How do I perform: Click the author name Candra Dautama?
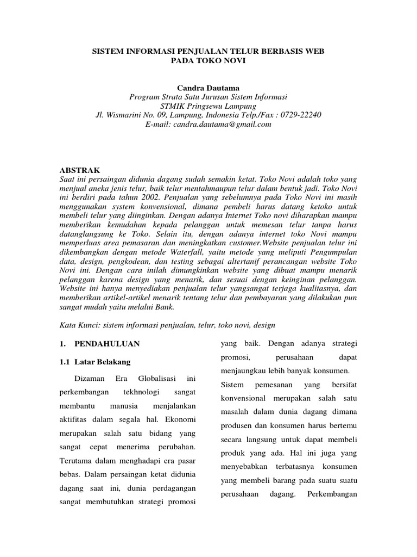click(x=208, y=88)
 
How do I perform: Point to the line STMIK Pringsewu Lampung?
click(x=208, y=106)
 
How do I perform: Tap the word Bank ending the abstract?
click(x=163, y=307)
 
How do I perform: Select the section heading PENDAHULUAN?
click(x=107, y=344)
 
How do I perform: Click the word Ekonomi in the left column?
click(x=179, y=420)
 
